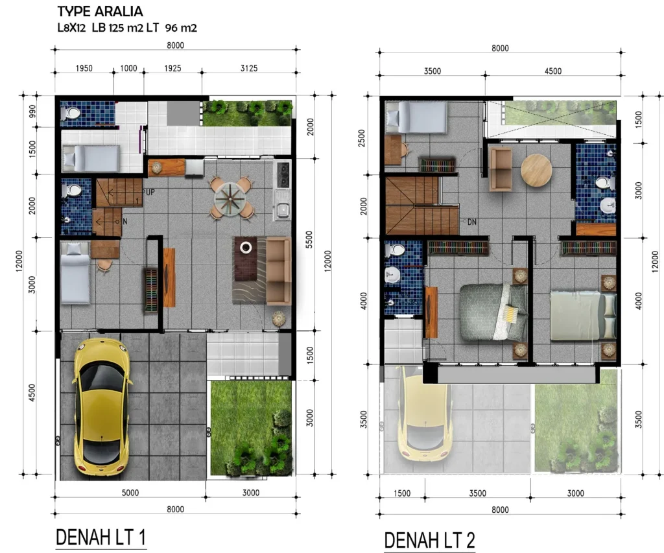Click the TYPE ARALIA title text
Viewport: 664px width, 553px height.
101,12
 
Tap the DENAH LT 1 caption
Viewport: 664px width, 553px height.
101,537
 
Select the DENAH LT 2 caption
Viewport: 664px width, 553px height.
429,540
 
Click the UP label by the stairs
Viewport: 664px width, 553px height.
150,193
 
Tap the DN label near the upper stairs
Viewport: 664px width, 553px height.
472,222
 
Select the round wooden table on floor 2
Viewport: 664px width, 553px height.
536,171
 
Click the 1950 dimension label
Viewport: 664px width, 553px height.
84,68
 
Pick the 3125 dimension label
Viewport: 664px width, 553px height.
248,68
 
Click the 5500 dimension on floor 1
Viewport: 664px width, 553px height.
309,240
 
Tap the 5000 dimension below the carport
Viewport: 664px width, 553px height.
130,493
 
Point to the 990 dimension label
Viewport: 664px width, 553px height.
32,112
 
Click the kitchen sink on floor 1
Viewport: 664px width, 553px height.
283,209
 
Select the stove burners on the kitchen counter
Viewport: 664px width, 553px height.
283,174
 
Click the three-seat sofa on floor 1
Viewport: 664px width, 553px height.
279,271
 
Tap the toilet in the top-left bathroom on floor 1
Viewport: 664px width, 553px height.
71,113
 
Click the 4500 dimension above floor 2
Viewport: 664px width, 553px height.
552,71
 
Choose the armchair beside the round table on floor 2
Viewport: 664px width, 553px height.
501,169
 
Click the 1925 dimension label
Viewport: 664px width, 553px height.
172,68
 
